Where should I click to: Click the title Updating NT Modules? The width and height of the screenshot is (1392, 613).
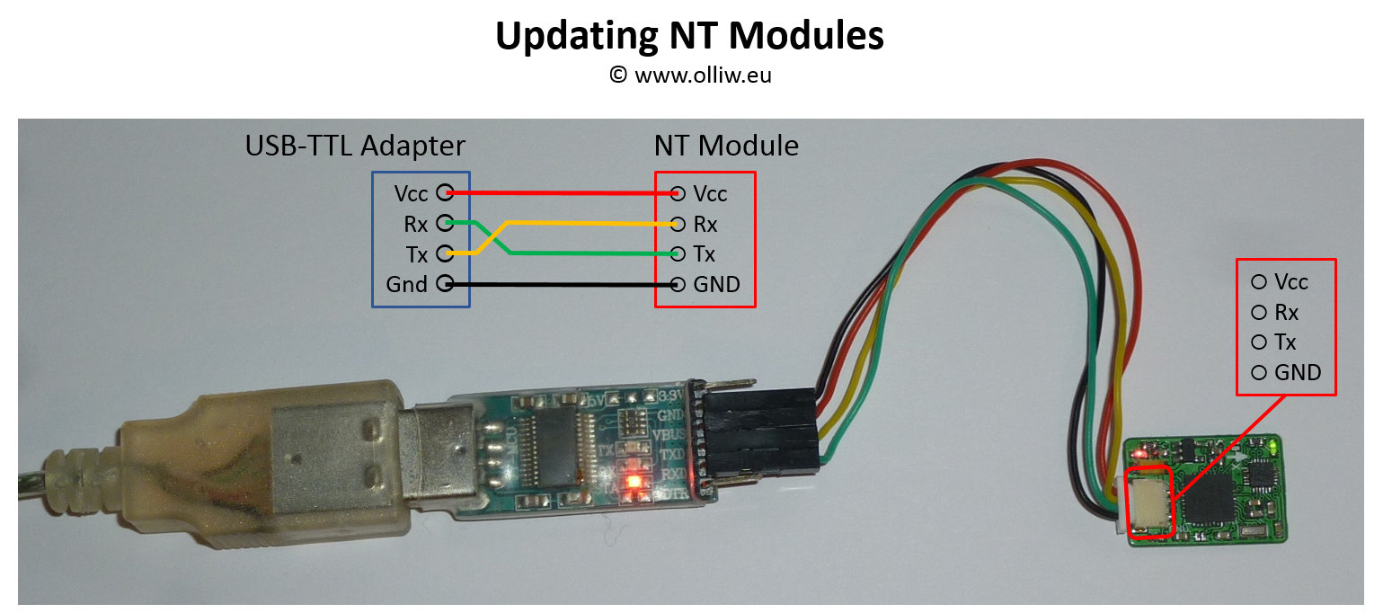click(689, 36)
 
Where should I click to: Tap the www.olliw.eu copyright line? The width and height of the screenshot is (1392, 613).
click(689, 76)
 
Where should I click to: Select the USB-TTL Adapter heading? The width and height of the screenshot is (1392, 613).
click(355, 146)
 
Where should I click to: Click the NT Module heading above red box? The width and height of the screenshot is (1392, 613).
click(726, 146)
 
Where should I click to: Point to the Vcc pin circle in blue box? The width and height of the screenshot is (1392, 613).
click(443, 192)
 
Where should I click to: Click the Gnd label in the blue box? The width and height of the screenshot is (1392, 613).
click(406, 285)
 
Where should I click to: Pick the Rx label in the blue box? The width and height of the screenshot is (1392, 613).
click(415, 224)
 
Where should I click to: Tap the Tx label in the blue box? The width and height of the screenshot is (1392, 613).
click(416, 253)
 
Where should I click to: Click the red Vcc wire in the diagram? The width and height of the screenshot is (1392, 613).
click(557, 192)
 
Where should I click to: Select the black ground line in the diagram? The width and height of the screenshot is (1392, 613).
click(557, 284)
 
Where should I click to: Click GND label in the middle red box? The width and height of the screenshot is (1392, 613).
click(716, 285)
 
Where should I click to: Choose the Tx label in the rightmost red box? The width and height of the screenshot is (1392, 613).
click(1285, 342)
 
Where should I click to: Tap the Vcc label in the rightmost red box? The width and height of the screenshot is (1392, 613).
click(1290, 282)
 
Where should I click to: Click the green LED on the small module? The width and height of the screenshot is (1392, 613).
click(1274, 444)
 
